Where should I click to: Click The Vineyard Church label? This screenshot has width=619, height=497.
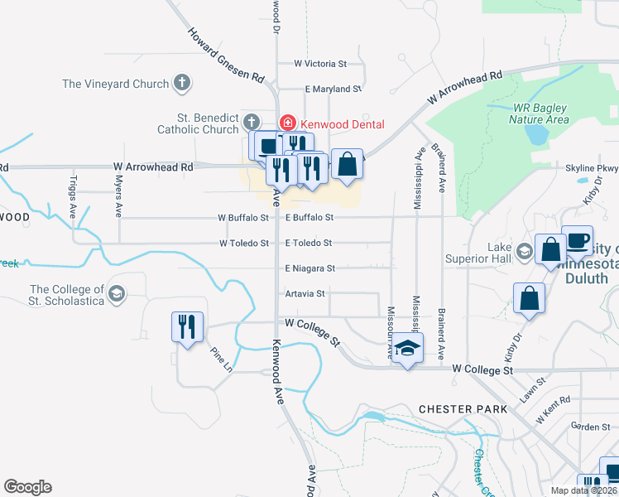[116, 84]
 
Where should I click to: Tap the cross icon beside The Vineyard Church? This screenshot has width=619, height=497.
[182, 83]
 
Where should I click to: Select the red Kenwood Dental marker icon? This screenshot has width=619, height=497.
[287, 123]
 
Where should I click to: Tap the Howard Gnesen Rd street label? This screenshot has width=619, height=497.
[226, 56]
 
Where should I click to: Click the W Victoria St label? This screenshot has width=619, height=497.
[320, 63]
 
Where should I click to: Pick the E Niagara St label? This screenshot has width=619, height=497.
[309, 268]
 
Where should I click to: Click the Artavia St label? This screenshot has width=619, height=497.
[305, 293]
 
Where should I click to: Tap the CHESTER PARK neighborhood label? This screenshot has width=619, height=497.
[458, 409]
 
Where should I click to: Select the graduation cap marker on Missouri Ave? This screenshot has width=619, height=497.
[407, 349]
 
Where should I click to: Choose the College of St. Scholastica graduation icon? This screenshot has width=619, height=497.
[117, 293]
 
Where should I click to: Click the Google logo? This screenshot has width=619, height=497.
[27, 487]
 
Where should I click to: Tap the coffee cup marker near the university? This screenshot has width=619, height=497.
[577, 240]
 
